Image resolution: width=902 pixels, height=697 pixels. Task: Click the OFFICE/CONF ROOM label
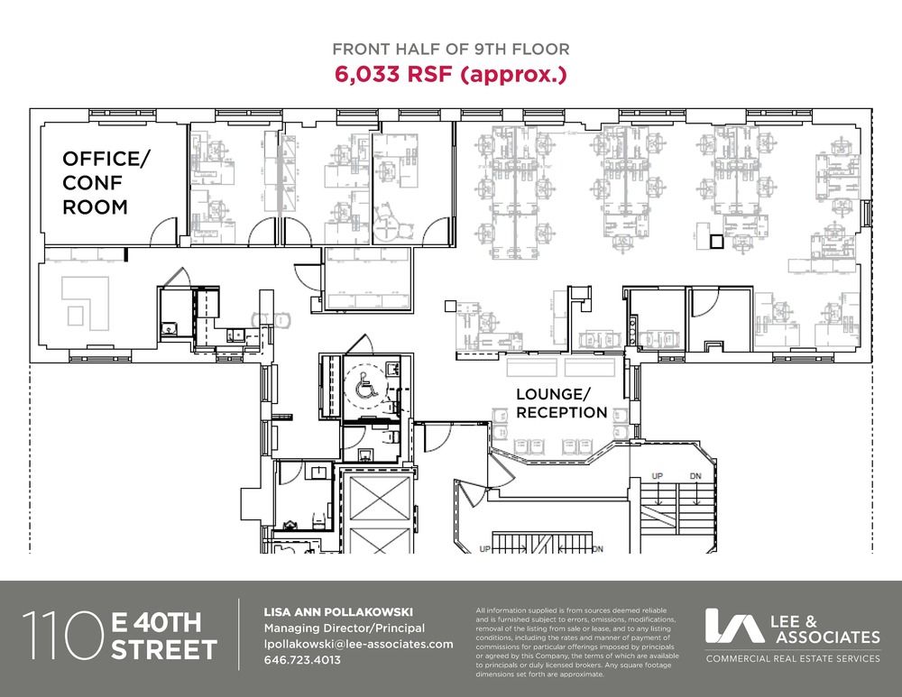click(x=103, y=182)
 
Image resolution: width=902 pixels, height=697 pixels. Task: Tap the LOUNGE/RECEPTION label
click(x=561, y=403)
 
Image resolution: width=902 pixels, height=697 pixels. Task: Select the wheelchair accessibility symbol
click(x=366, y=385)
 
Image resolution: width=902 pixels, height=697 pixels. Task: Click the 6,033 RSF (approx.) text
click(x=450, y=74)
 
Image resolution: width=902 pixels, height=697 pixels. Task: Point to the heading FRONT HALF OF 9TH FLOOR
click(x=451, y=49)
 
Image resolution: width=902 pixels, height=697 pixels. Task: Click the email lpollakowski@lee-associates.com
click(x=358, y=644)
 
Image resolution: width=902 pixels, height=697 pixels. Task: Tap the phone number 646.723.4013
click(x=302, y=660)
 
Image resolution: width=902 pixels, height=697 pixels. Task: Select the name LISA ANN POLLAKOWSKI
click(x=338, y=612)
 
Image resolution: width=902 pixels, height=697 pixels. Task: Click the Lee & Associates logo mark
click(x=734, y=626)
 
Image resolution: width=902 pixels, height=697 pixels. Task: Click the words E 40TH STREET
click(x=164, y=636)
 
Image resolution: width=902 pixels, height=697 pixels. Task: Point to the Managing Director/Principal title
click(x=344, y=628)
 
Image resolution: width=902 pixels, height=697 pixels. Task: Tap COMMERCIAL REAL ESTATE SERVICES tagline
click(x=793, y=658)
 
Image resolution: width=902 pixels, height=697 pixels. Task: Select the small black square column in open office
click(x=715, y=242)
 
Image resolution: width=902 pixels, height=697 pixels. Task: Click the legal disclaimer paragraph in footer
click(x=577, y=642)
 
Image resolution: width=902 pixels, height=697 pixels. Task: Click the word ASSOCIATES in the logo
click(x=828, y=637)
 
